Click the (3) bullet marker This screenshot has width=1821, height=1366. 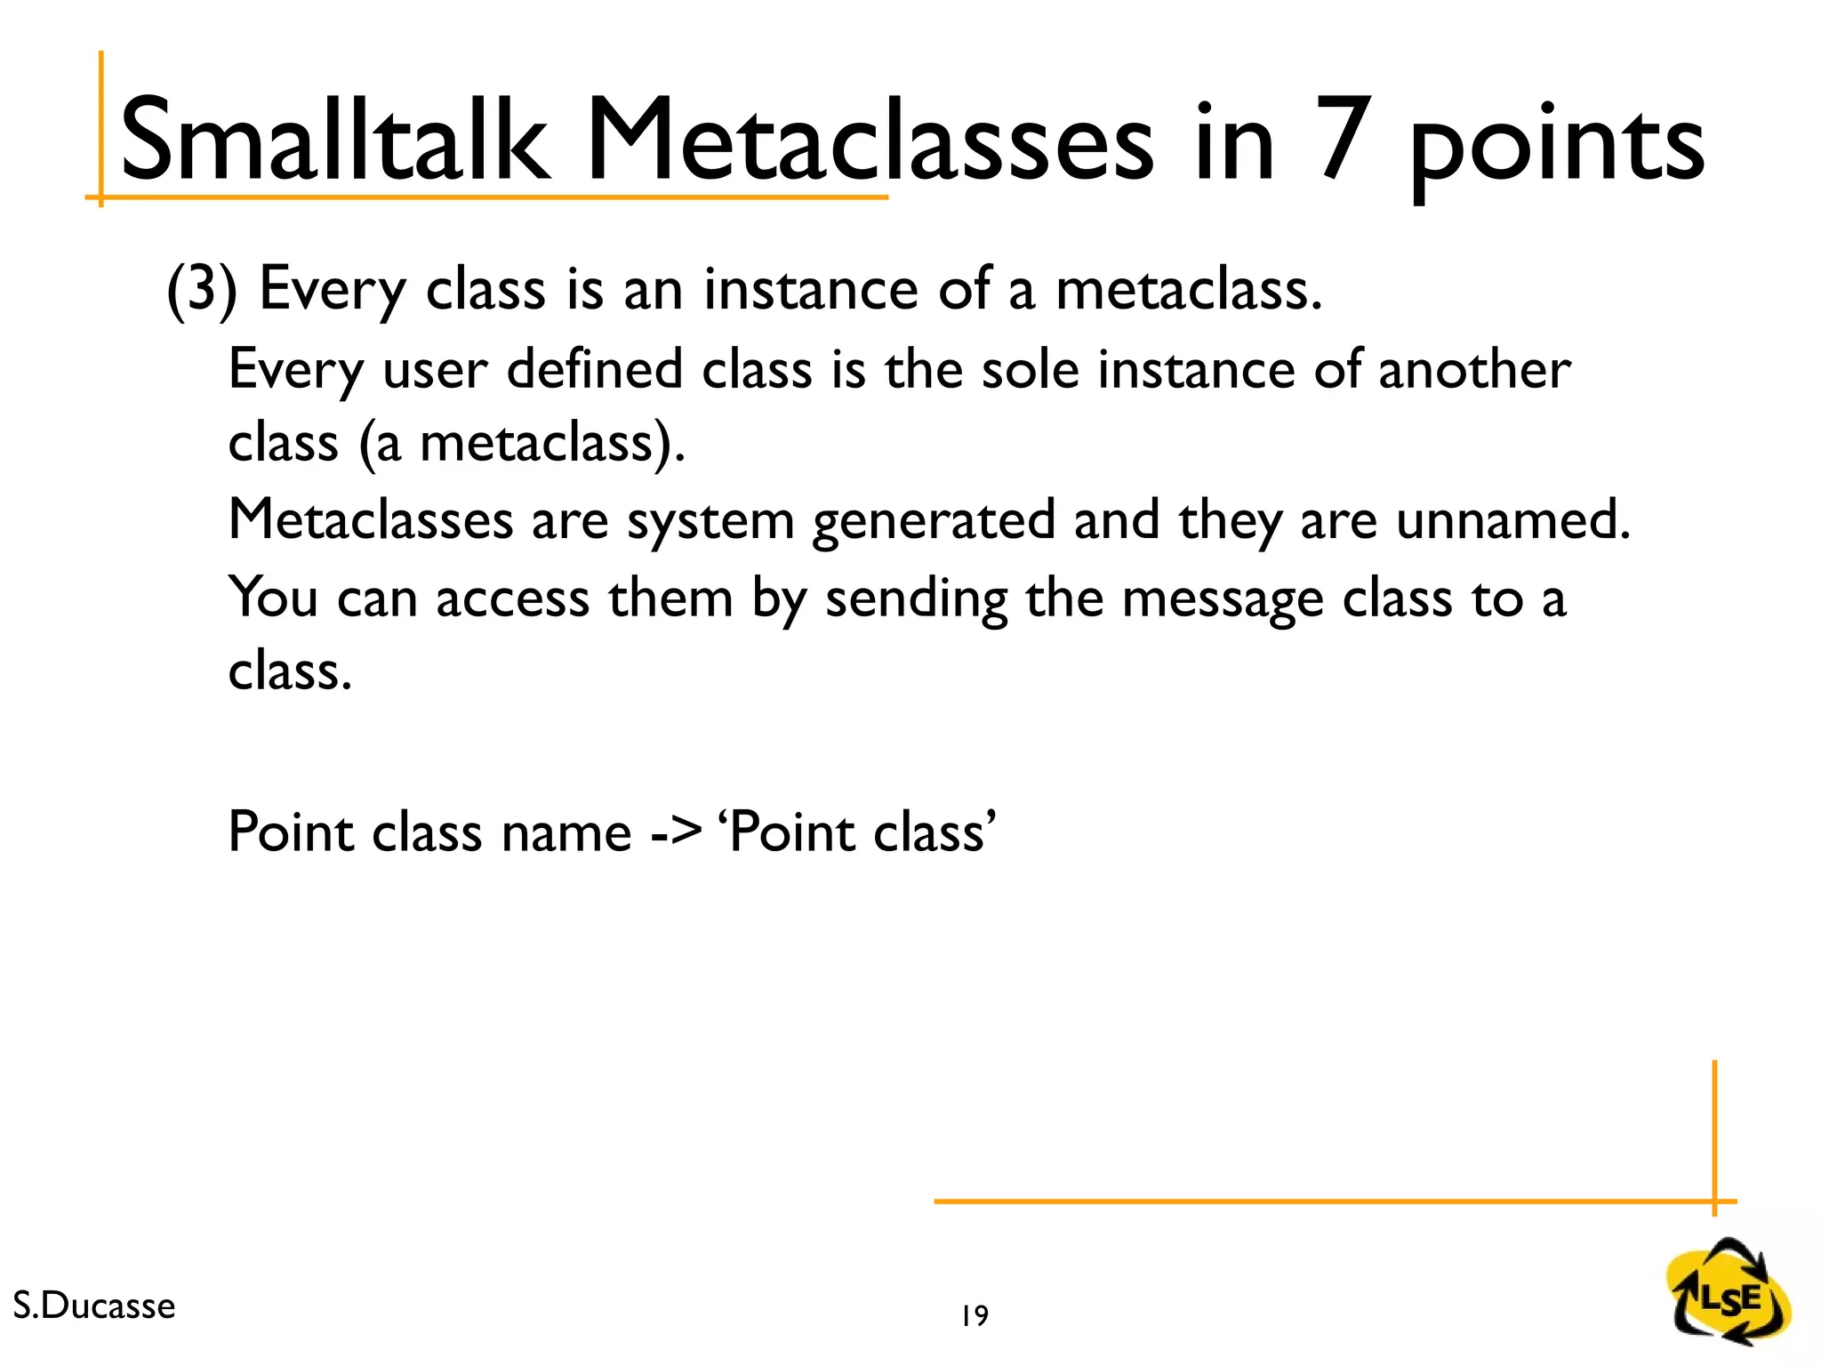coord(202,290)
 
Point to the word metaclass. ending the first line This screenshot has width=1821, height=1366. coord(1188,290)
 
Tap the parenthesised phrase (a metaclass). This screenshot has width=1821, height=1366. coord(522,443)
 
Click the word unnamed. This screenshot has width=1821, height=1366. coord(1512,519)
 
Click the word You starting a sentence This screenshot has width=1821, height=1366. coord(272,597)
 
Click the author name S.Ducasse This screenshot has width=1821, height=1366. coord(94,1306)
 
